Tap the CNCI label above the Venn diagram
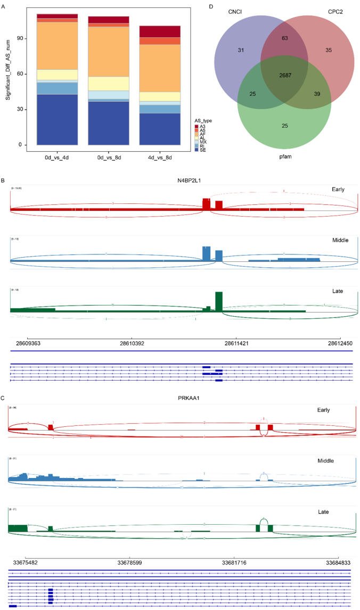coord(234,11)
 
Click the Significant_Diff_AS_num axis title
coord(9,77)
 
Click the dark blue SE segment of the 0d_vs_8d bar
coord(109,123)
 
